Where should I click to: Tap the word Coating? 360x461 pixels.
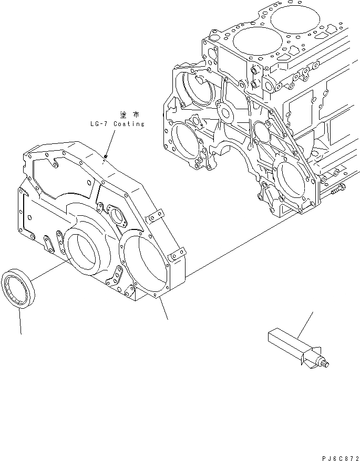pyautogui.click(x=128, y=124)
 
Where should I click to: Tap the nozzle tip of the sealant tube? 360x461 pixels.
pyautogui.click(x=325, y=364)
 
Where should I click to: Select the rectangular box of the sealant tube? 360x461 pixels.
pyautogui.click(x=284, y=340)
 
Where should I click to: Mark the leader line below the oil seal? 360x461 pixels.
pyautogui.click(x=20, y=320)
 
